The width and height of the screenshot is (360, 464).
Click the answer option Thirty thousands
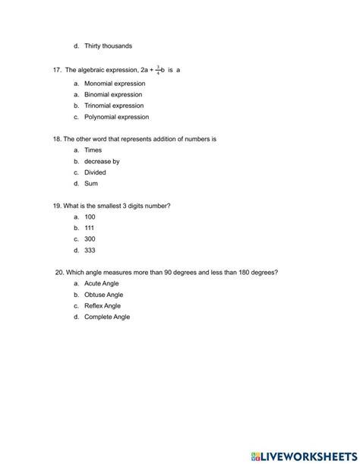(x=108, y=46)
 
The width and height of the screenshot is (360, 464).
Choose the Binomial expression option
(x=113, y=94)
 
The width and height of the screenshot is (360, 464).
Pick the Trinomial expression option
(x=114, y=106)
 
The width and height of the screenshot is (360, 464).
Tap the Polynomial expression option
(x=116, y=117)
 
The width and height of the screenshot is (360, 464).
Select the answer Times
(x=93, y=150)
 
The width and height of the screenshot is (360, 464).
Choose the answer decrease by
(x=102, y=161)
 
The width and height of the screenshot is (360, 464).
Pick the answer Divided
(x=95, y=172)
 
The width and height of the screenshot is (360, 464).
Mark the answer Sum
(x=91, y=183)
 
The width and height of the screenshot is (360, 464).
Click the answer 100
(x=90, y=216)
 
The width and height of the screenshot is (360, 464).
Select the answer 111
(x=90, y=228)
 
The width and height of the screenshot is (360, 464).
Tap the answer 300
(x=90, y=238)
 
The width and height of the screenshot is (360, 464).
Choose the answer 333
(x=90, y=250)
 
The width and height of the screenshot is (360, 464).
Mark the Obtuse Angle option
(x=103, y=295)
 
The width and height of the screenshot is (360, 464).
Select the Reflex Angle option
(x=103, y=305)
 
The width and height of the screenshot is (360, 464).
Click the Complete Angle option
(x=107, y=317)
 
